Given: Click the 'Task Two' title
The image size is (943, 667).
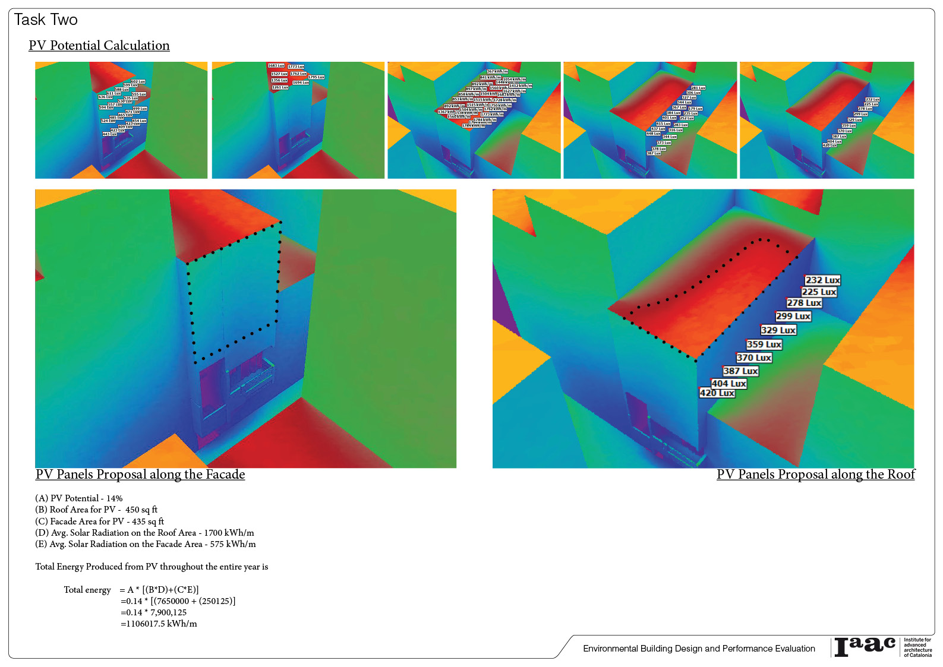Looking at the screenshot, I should [x=46, y=20].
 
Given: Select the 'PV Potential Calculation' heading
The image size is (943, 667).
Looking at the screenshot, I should [x=99, y=46].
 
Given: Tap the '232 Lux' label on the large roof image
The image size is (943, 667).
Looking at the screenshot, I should [x=822, y=280].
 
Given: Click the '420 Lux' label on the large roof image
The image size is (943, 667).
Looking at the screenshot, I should [x=717, y=393].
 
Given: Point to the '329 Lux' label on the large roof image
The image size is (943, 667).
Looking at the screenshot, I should [x=778, y=330].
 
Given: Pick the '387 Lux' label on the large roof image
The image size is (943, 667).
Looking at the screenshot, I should [x=740, y=371].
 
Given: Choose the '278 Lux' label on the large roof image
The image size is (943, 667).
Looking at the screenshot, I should [x=804, y=303].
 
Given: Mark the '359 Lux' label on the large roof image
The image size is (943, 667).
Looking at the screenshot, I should [x=764, y=344].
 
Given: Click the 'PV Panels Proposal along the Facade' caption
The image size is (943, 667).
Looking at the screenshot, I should [x=140, y=475].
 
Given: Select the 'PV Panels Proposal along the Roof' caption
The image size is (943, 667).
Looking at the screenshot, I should [x=815, y=475].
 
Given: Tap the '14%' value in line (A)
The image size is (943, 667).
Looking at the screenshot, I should [x=114, y=498].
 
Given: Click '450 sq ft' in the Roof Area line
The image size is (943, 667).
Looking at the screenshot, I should [x=141, y=510].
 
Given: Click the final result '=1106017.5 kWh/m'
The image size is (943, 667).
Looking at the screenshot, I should [x=159, y=624].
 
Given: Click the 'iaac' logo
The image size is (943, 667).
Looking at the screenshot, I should [x=865, y=647].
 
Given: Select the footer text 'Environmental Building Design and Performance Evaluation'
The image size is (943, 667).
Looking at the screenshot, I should [x=699, y=649].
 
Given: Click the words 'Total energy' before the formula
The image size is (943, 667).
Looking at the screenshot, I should [x=87, y=590].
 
